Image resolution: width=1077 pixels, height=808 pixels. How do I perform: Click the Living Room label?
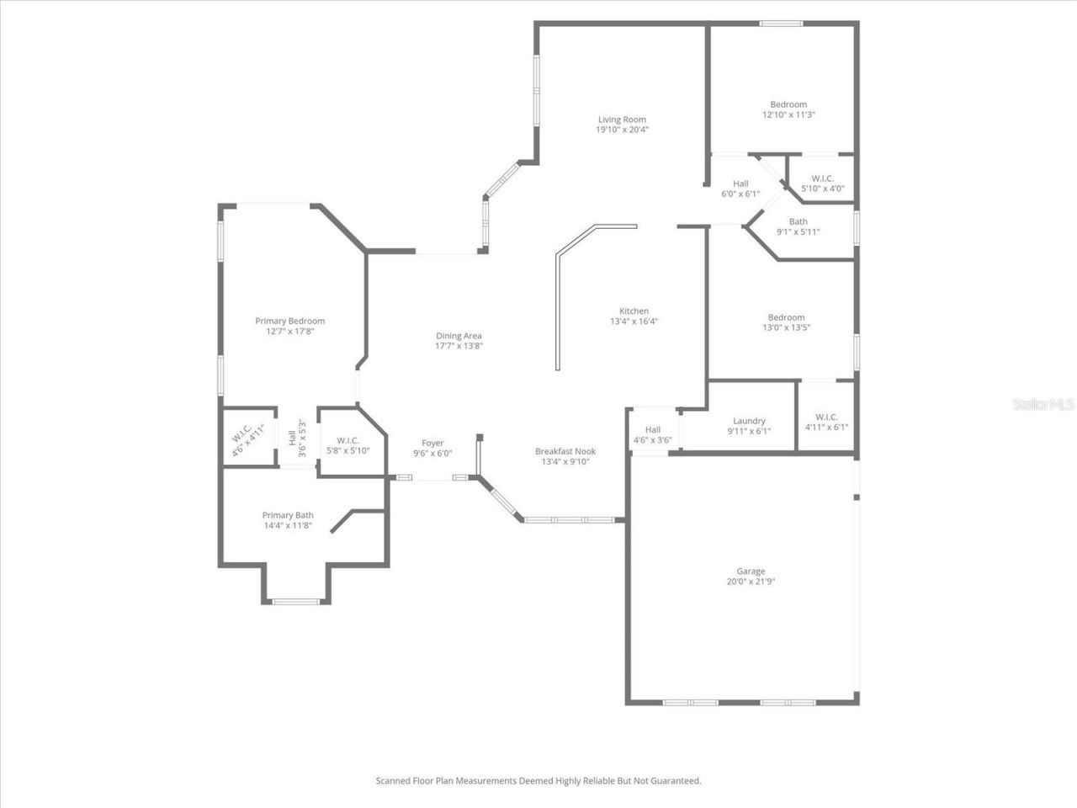click(x=622, y=120)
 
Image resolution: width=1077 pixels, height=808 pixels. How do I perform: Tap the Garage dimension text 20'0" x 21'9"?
click(x=751, y=582)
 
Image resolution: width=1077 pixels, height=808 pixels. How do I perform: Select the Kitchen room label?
click(x=634, y=311)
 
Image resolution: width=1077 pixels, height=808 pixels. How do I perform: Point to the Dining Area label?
click(x=459, y=336)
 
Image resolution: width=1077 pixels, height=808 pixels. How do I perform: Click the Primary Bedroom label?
click(x=290, y=321)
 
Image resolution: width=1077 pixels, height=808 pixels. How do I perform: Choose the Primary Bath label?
click(x=288, y=515)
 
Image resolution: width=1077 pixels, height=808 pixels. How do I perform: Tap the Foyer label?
click(x=432, y=443)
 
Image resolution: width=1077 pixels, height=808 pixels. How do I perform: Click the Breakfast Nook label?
click(x=565, y=451)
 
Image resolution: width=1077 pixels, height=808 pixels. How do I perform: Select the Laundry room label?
click(x=749, y=421)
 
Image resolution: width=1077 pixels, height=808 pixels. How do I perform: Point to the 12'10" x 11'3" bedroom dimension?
click(x=788, y=114)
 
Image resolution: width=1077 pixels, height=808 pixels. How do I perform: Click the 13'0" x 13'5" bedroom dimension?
click(x=786, y=327)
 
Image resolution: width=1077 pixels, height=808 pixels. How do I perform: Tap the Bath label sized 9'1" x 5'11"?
click(x=798, y=221)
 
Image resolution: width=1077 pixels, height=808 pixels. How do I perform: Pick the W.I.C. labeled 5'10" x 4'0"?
click(x=823, y=178)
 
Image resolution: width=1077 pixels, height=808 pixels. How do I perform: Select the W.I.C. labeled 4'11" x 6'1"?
click(x=827, y=417)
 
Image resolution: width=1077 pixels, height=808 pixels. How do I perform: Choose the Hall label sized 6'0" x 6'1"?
click(x=741, y=183)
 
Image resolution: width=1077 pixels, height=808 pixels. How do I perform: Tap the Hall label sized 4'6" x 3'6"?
click(x=653, y=430)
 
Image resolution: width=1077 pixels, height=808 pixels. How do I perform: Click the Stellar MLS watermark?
click(x=1043, y=404)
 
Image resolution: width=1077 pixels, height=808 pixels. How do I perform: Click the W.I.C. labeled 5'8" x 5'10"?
click(x=348, y=440)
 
